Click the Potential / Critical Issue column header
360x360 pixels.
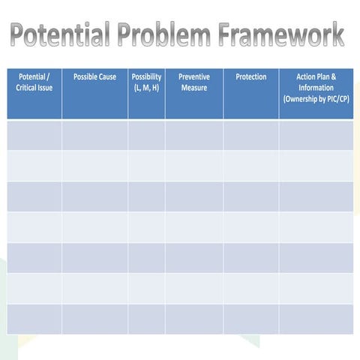tap(34, 82)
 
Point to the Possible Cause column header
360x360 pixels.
tap(94, 77)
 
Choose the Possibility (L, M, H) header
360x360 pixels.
tap(146, 82)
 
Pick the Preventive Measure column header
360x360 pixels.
tap(193, 82)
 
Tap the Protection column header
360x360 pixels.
tap(250, 77)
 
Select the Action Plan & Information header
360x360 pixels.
tap(316, 82)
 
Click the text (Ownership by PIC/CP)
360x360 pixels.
tap(316, 99)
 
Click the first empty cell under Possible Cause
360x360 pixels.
tap(94, 135)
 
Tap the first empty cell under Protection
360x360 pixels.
tap(250, 135)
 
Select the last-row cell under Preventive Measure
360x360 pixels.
tap(193, 319)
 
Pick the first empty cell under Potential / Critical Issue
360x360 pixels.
tap(34, 135)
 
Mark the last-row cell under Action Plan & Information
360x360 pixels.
tap(316, 319)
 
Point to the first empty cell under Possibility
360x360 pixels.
tap(146, 135)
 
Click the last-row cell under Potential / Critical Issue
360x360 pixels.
tap(34, 319)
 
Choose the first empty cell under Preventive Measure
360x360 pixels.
tap(193, 135)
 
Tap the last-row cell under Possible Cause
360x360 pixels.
tap(94, 319)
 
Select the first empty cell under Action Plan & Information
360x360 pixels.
tap(316, 135)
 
